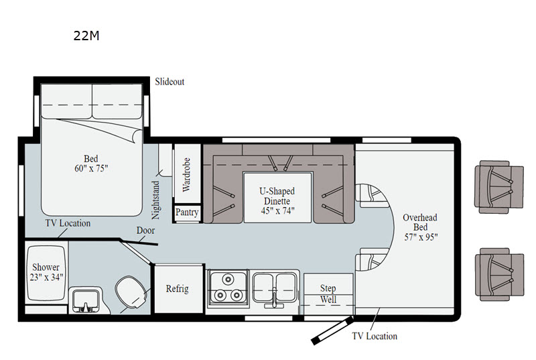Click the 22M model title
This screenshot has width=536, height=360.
coord(86,36)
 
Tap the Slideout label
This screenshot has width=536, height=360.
coord(170,82)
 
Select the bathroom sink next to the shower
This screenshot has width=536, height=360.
coord(86,301)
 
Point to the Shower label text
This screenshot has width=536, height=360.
coord(46,272)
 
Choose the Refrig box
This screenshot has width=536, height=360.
coord(178,288)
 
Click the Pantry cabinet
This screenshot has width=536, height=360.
coord(187,213)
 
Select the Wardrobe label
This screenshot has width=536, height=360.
coord(186,174)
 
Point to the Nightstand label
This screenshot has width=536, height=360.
coord(156,200)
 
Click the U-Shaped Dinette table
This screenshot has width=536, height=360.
coord(277,198)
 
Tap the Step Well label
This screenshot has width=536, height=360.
coord(328,294)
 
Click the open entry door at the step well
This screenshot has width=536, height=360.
coord(332,331)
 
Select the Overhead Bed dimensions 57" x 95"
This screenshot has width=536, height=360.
coord(421,237)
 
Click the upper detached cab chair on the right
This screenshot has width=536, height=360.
coord(498,187)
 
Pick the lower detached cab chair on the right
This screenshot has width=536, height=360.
coord(499,275)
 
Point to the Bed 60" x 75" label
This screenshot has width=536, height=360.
coord(91,164)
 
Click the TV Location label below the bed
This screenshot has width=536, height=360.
coord(68,223)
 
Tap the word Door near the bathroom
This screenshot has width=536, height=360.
coord(145,231)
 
